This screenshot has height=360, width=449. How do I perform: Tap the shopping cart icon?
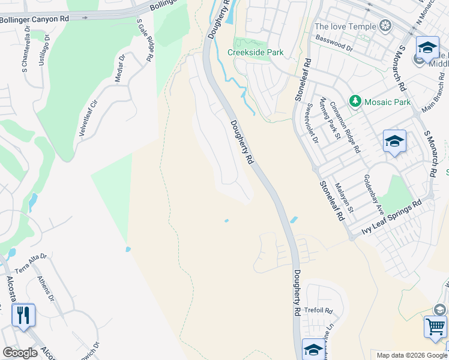435,327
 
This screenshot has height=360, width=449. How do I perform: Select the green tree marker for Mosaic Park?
355,101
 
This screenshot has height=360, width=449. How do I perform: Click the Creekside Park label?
255,52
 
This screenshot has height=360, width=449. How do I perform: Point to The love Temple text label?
345,26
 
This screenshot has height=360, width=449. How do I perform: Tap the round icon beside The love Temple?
385,26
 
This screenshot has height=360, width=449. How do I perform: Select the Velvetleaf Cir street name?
88,118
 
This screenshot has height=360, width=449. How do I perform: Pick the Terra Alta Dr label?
34,257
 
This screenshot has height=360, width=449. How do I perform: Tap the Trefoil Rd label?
319,310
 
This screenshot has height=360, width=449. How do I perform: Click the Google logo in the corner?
20,353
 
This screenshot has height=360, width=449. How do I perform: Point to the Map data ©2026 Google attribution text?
411,355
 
